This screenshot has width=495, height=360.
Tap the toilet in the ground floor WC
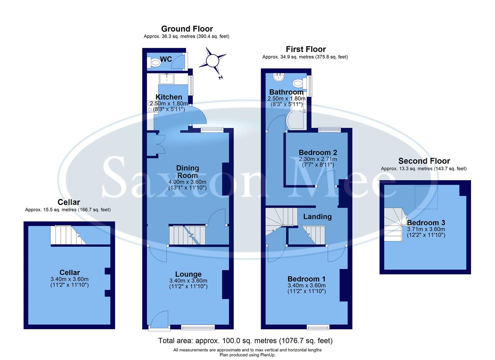point(155,62)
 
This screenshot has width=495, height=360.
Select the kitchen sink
point(166,79)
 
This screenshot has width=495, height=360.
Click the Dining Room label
point(187,172)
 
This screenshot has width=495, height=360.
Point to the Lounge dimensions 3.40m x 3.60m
point(188,281)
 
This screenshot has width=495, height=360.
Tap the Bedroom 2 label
point(318,152)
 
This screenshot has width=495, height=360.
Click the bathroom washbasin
point(278,77)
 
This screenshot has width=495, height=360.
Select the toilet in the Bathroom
point(297,83)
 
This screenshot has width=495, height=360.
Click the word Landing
point(317,217)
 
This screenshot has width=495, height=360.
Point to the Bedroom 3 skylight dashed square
point(426,197)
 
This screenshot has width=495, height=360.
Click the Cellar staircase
point(68,235)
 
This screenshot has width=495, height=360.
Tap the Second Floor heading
point(424,161)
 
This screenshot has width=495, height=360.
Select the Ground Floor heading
point(187,29)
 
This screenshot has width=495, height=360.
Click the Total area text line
point(245,341)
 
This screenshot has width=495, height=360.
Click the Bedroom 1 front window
point(318,327)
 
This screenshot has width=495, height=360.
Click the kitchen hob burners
point(150,107)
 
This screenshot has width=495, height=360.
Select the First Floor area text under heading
point(305,57)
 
